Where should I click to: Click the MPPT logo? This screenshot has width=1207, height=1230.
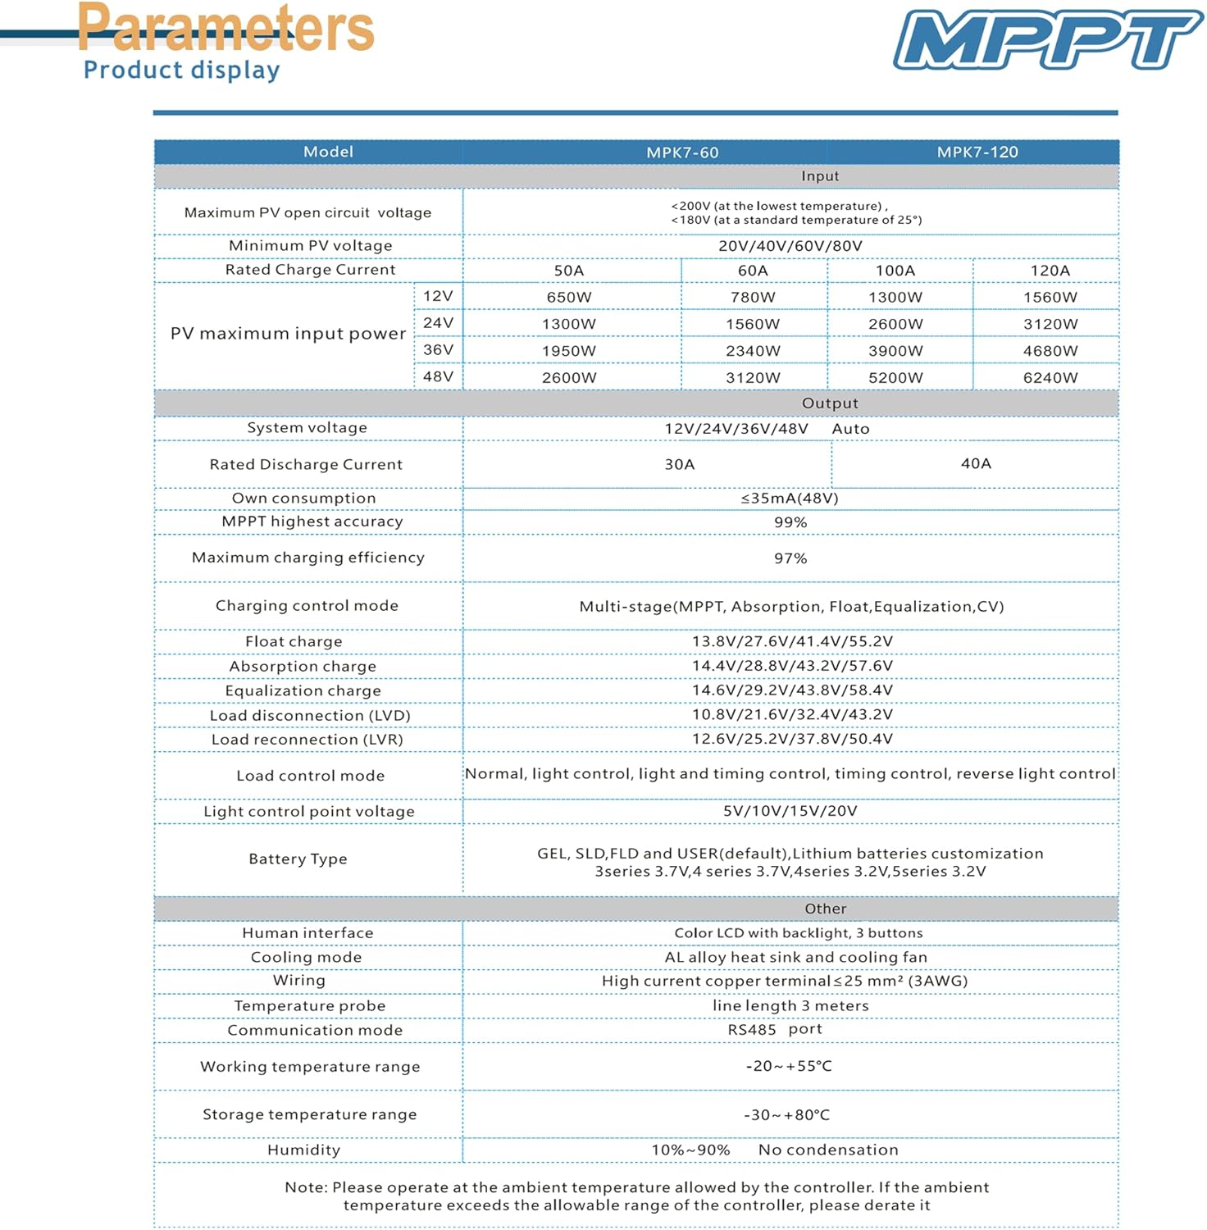pos(1048,39)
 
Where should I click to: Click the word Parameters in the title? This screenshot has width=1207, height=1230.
pos(226,27)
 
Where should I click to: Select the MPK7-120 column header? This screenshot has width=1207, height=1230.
pos(977,152)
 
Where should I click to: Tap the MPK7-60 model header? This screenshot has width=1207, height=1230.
pos(682,153)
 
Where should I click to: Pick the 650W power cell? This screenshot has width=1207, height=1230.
pos(569,297)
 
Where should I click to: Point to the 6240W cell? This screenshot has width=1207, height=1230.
pos(1050,377)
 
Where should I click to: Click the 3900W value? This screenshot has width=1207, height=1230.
pos(895,351)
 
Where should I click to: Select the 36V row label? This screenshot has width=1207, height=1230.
pos(438,349)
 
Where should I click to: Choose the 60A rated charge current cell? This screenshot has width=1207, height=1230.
pos(753,271)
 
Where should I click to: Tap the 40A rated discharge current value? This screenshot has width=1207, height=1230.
pos(976,463)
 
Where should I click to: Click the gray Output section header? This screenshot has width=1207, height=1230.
pos(830,403)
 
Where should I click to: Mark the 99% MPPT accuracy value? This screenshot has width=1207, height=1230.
pos(790,522)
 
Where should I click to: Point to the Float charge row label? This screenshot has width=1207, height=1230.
pos(294,641)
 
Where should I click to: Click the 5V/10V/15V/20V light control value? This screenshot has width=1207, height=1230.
pos(790,811)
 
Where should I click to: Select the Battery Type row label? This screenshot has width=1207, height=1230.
pos(298,859)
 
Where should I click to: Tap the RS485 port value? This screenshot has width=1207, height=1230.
pos(775,1029)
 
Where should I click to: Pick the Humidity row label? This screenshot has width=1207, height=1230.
pos(303,1150)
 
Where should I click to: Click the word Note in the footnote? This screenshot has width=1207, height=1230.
pos(306,1187)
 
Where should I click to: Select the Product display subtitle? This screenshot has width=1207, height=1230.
pos(182,71)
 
